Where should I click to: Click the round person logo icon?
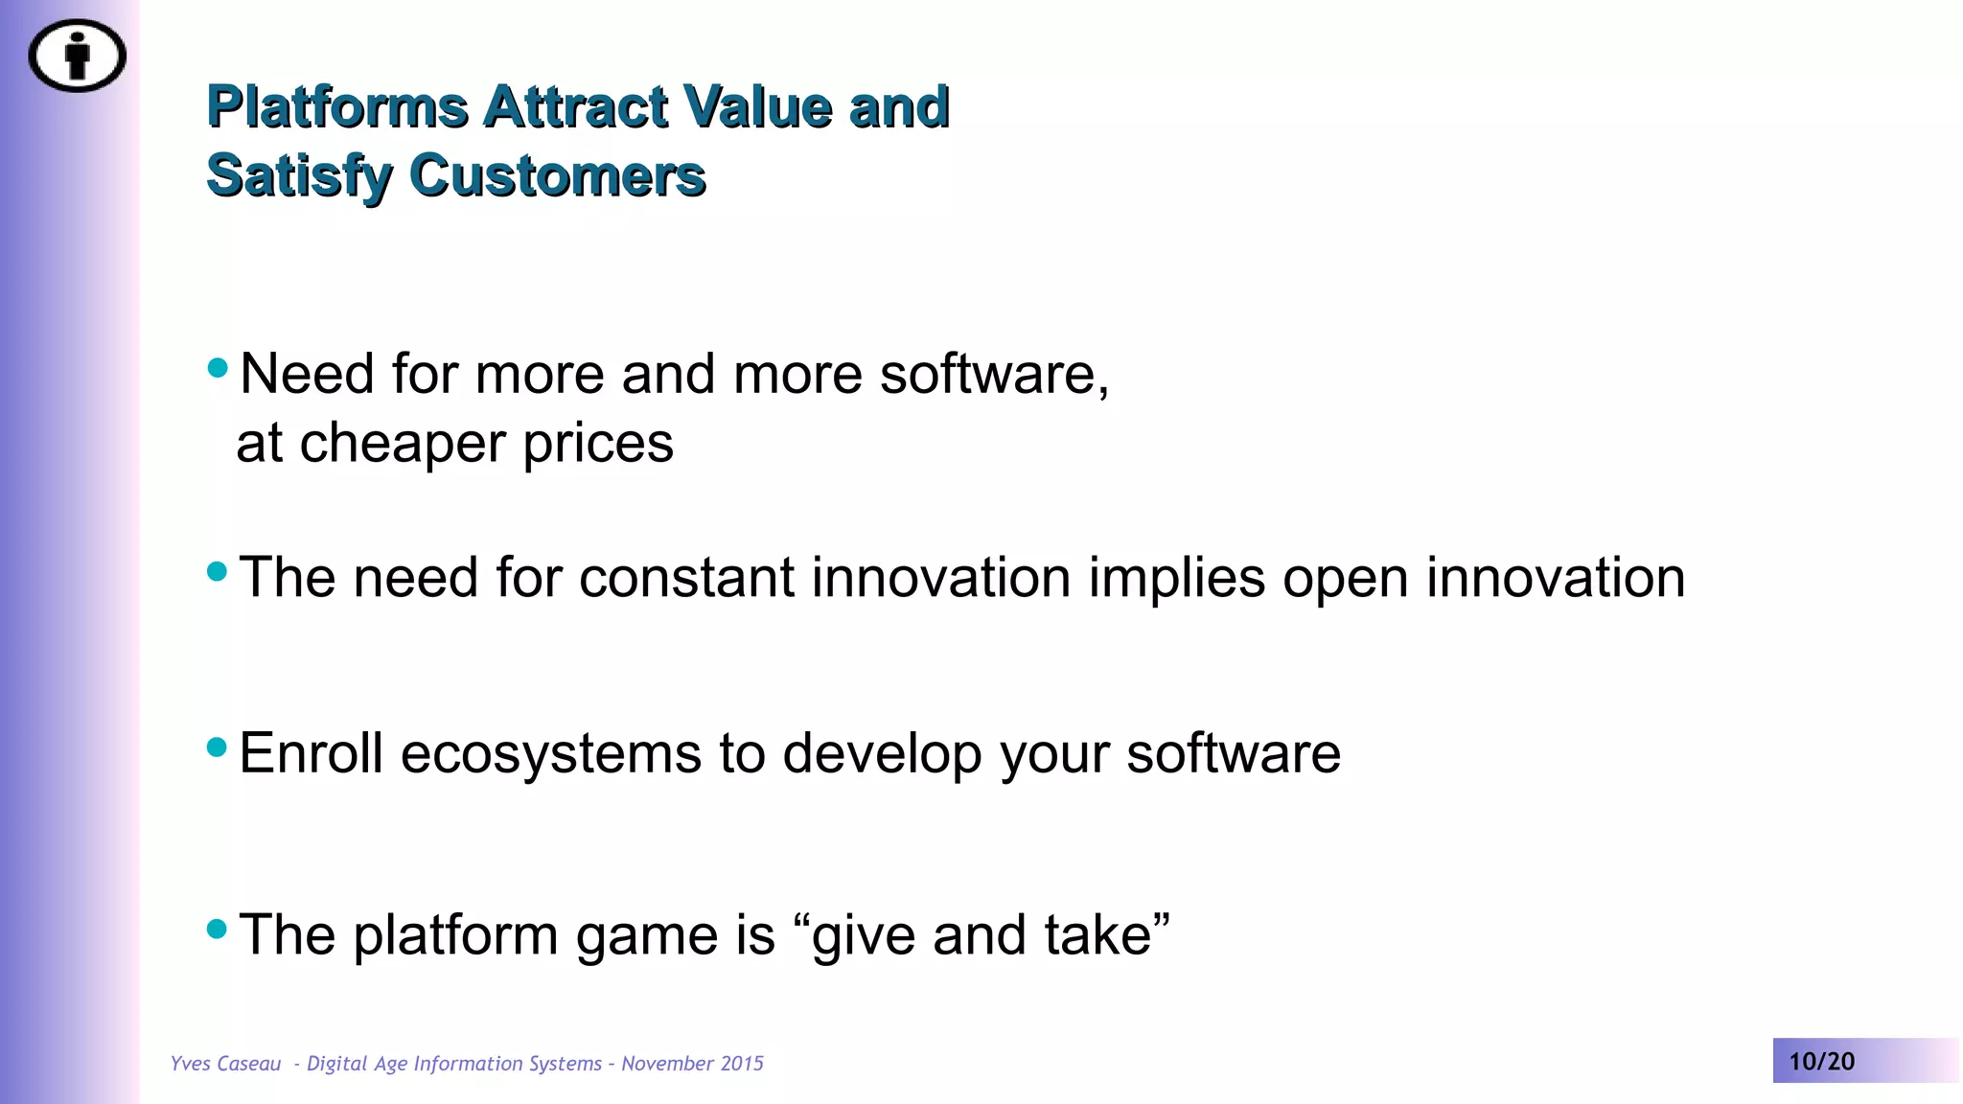click(77, 56)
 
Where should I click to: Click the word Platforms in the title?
click(337, 106)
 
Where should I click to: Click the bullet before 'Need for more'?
click(218, 367)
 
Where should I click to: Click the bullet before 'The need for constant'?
click(218, 571)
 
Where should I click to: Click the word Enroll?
click(311, 753)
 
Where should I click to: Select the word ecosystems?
click(550, 753)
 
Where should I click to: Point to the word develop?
click(882, 753)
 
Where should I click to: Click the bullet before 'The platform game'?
click(218, 928)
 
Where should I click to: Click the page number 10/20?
click(1821, 1062)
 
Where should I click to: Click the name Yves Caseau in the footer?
click(225, 1064)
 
